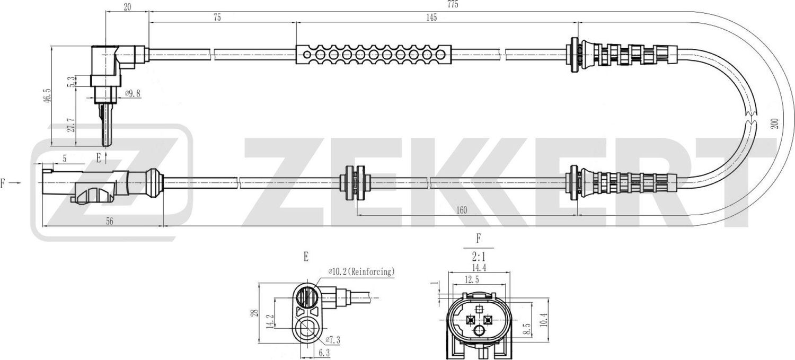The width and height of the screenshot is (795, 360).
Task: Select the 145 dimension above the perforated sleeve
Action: [431, 17]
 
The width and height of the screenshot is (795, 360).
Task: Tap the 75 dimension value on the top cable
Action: [217, 17]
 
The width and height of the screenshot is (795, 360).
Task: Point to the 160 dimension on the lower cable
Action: [461, 210]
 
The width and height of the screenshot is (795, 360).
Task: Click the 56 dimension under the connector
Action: [110, 221]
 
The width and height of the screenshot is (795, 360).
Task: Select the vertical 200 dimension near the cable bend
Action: [774, 123]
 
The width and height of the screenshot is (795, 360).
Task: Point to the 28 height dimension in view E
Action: [254, 313]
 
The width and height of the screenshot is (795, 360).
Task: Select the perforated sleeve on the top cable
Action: [374, 54]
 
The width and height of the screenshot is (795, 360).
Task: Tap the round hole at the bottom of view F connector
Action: [479, 332]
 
